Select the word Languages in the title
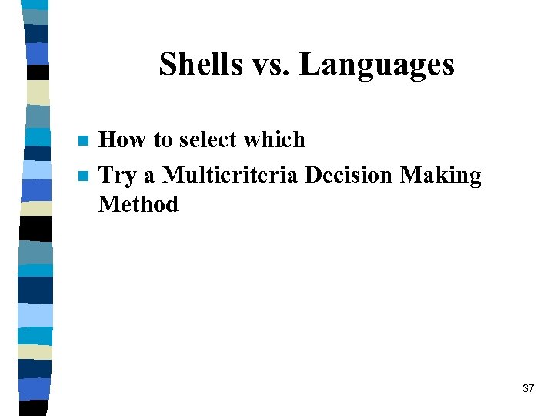click(x=377, y=65)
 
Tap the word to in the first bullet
click(x=163, y=139)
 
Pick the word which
click(x=274, y=139)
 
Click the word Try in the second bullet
click(x=118, y=176)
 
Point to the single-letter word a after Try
click(x=149, y=176)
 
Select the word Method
click(x=138, y=204)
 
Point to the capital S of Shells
click(x=167, y=64)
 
